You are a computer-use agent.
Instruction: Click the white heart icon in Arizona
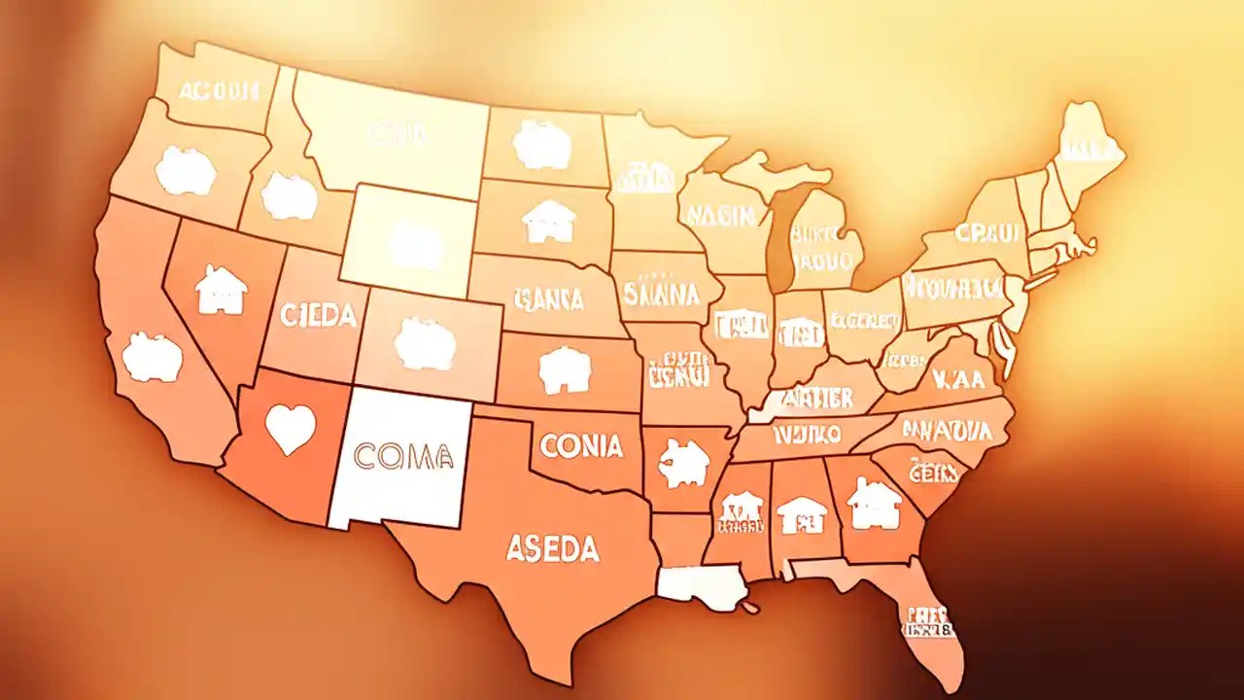point(290,429)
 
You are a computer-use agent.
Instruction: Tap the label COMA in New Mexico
point(404,453)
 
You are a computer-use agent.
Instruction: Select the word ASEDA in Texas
point(552,549)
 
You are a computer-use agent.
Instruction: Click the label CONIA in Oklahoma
point(580,447)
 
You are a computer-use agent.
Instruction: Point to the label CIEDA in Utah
point(318,315)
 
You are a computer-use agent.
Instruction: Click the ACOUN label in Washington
point(219,91)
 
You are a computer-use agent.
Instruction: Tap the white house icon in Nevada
point(221,290)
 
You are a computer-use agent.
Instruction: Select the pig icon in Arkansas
point(683,463)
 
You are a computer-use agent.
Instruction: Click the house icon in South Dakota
point(549,221)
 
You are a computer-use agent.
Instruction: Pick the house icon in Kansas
point(565,370)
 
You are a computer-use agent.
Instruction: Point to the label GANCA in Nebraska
point(549,298)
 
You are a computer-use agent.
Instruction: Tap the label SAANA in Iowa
point(661,293)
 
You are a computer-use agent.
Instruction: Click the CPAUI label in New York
point(987,233)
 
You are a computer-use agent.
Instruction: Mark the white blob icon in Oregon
point(185,172)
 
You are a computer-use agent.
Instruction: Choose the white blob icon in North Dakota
point(541,144)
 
